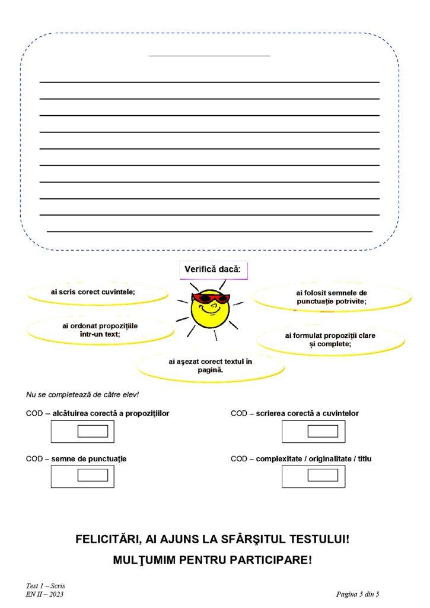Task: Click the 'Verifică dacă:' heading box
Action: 212,270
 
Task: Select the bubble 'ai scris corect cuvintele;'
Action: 97,292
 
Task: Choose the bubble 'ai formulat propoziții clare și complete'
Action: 330,340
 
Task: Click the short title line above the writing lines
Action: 209,56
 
